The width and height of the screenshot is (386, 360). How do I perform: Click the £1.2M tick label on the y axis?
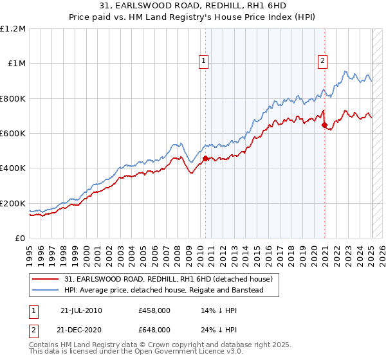pos(14,28)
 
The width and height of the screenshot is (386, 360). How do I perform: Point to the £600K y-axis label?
pos(14,133)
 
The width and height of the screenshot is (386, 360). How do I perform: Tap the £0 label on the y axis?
pos(21,238)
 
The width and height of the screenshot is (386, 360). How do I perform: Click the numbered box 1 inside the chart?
pos(203,61)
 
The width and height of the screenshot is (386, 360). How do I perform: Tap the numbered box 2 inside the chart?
pos(322,61)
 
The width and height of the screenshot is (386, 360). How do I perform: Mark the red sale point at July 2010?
pos(205,158)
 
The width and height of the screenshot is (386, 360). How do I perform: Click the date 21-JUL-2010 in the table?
pos(80,310)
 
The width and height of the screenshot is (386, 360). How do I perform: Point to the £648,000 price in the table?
pos(154,329)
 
